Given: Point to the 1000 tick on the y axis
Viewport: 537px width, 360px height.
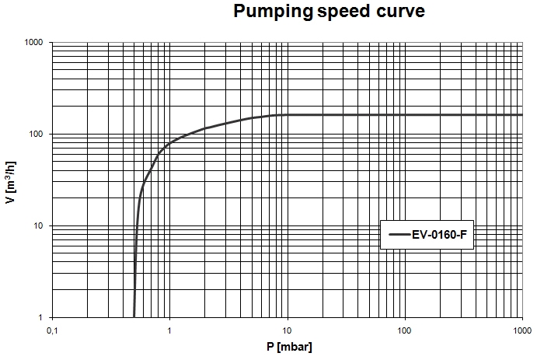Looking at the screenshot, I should pyautogui.click(x=31, y=42).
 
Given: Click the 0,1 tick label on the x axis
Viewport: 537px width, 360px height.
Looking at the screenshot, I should pyautogui.click(x=52, y=330).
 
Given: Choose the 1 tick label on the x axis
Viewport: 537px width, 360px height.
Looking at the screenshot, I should pyautogui.click(x=169, y=330).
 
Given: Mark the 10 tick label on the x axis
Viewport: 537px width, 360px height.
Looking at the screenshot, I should pyautogui.click(x=288, y=330).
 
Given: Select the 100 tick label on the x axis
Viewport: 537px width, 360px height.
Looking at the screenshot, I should pyautogui.click(x=405, y=330).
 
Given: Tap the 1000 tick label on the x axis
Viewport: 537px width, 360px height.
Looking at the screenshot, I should pyautogui.click(x=521, y=330).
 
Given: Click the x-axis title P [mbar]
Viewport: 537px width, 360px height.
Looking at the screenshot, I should pyautogui.click(x=287, y=348).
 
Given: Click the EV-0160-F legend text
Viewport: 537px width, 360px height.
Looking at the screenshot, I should pyautogui.click(x=439, y=234).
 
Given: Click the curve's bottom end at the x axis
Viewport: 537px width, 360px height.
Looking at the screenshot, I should pyautogui.click(x=134, y=316).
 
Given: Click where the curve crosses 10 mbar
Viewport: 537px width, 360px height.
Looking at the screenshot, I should pyautogui.click(x=288, y=115).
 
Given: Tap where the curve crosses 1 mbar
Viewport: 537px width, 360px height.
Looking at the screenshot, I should pyautogui.click(x=169, y=143).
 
